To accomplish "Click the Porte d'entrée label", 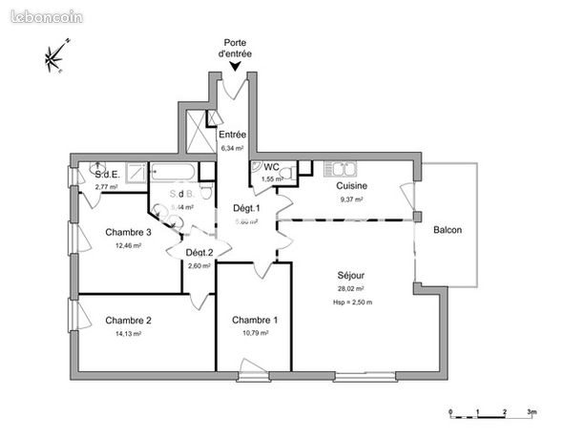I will [x=236, y=49].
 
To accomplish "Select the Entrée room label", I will [x=232, y=136].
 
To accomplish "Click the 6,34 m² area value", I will [x=232, y=149].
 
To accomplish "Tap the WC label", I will [x=271, y=167].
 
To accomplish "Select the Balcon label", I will [x=448, y=230].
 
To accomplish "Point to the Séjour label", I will [x=350, y=276].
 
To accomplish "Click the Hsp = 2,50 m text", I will [x=351, y=302].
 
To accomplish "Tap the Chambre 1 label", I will [x=255, y=320].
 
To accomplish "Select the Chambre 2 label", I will [x=129, y=321].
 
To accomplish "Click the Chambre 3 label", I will [x=129, y=233].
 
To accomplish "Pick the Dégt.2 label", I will [x=198, y=253].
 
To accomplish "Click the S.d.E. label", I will [x=107, y=175].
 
